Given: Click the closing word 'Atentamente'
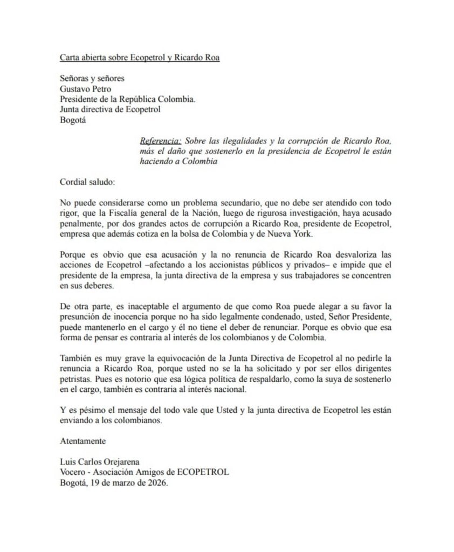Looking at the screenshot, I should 82,440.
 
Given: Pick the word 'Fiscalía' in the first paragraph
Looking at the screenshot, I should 114,214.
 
